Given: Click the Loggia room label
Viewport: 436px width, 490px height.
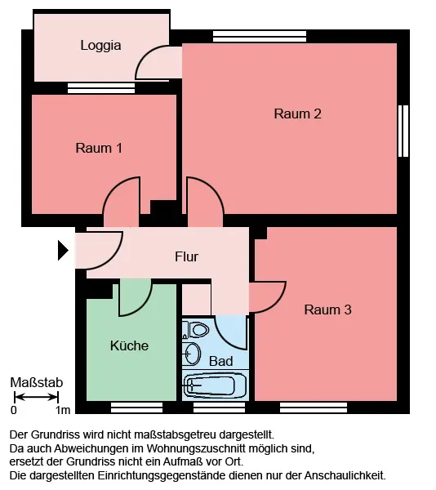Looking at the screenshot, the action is click(x=100, y=46).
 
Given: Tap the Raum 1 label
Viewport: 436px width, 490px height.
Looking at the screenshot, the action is click(x=99, y=148).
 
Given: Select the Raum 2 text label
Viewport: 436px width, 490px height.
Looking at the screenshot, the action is click(x=297, y=114).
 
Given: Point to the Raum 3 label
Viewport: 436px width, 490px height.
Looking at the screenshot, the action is click(x=327, y=310).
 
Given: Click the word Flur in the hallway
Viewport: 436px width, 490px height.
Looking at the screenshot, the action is click(x=186, y=256).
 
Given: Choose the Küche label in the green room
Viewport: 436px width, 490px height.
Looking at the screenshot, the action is click(x=129, y=345).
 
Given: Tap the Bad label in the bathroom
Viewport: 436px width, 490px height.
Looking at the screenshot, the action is click(x=220, y=361).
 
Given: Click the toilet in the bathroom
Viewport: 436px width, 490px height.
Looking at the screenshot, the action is click(x=196, y=329).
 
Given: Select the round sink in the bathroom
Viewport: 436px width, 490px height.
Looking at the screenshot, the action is click(x=191, y=354).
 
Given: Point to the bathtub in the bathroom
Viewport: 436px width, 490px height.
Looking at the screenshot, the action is click(x=215, y=385).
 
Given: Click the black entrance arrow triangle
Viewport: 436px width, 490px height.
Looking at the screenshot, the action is click(x=63, y=250).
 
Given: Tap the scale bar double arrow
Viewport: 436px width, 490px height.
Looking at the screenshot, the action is click(x=36, y=397).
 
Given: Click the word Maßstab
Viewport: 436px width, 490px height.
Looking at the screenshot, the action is click(x=37, y=382).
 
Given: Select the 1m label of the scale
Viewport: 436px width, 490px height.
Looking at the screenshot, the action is click(x=63, y=410).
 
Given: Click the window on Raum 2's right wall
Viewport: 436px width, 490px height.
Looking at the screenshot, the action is click(x=403, y=131).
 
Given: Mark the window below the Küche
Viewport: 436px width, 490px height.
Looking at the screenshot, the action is click(x=137, y=408).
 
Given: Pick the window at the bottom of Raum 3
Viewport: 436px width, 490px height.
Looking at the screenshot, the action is click(x=314, y=408).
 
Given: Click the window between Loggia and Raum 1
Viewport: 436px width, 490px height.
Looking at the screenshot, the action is click(x=101, y=88).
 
